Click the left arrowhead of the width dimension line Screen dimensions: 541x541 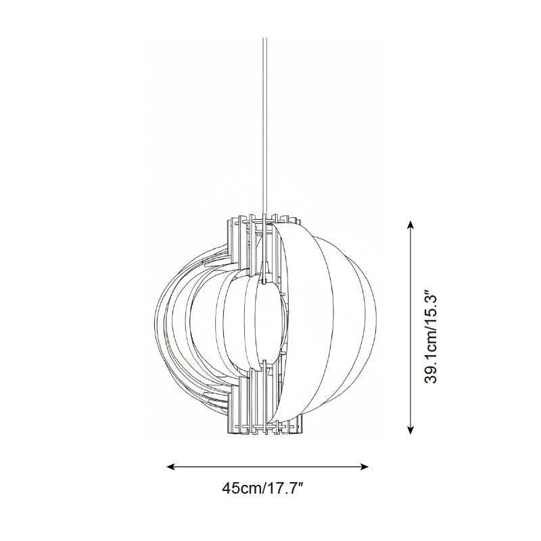170,467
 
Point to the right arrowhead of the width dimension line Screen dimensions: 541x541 365,467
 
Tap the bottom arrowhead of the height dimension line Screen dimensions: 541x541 410,430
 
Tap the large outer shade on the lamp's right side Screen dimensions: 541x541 331,325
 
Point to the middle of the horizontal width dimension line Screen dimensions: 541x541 268,467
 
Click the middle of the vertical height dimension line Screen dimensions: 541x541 410,327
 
